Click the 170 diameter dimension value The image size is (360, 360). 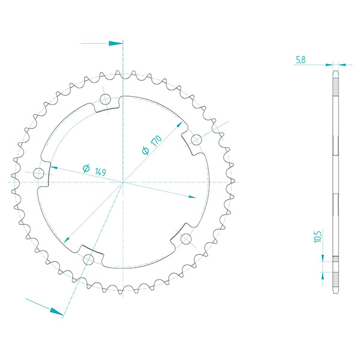click(157, 141)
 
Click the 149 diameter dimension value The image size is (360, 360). click(101, 172)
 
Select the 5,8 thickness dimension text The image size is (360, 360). click(301, 60)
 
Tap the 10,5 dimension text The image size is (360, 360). click(318, 236)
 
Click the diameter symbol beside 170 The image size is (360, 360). click(146, 151)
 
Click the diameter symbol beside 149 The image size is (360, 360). click(86, 168)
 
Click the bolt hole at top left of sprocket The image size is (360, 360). click(106, 99)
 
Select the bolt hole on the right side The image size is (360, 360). click(196, 140)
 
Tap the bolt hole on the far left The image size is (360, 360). click(38, 173)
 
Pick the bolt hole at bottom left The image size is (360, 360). click(88, 260)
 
